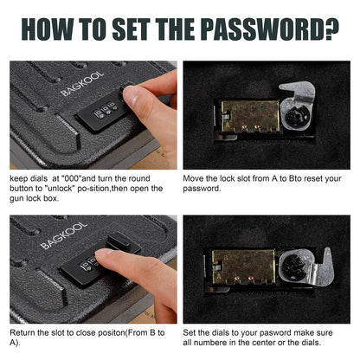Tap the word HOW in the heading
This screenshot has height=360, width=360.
[x=53, y=29]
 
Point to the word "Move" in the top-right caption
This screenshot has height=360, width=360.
[x=194, y=178]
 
